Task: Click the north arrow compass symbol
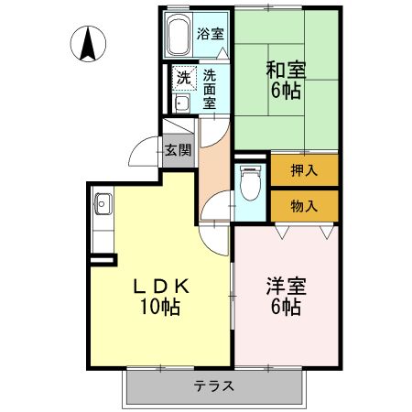[x=88, y=43]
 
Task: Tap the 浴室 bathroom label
[x=211, y=35]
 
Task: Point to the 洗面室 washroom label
[x=210, y=89]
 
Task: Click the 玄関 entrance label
[x=179, y=150]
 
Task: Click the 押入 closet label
[x=304, y=169]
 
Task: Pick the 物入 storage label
[x=304, y=205]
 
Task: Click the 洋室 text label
[x=287, y=286]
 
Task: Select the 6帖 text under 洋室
[x=287, y=308]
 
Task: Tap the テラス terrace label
[x=215, y=385]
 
